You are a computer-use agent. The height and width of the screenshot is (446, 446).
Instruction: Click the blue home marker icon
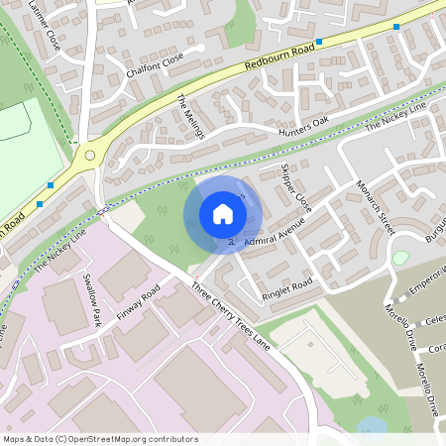pos(223,214)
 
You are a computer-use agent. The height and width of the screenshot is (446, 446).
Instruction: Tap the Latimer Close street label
pos(45,26)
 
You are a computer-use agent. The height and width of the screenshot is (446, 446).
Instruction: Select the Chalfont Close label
pos(156,65)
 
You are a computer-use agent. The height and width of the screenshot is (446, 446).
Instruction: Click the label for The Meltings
pos(190,118)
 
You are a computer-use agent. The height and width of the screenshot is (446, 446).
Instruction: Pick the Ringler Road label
pos(287,284)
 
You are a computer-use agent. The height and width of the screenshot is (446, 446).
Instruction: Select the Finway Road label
pos(139,309)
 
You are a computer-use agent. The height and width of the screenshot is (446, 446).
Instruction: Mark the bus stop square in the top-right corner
pos(396,27)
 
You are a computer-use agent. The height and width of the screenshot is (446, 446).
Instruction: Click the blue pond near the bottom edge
pos(372,425)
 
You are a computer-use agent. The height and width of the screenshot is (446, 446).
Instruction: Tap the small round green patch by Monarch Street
pos(400,258)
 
